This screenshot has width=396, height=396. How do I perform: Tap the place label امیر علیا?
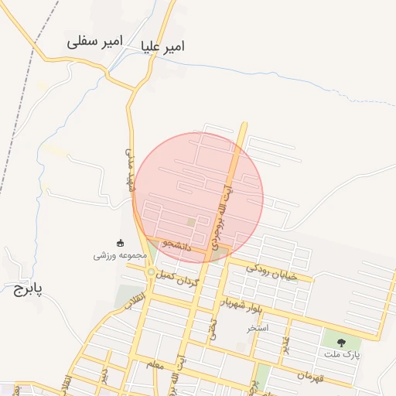point(163,47)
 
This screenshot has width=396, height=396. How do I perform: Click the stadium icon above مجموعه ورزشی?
point(119,242)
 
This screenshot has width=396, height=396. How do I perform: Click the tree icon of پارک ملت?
point(340,340)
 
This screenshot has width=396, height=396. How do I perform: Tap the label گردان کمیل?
point(177,277)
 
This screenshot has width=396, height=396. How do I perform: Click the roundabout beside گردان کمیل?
point(150,271)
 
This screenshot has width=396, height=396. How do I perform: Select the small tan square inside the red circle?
point(191,223)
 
